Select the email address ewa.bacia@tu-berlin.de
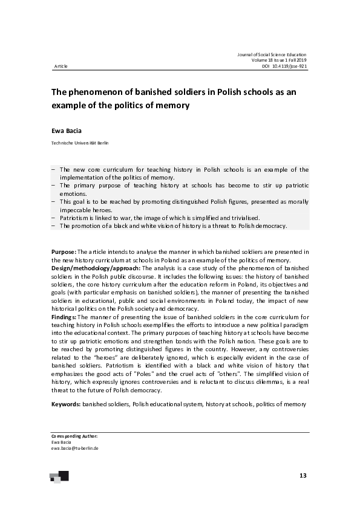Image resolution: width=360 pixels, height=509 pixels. (x=75, y=448)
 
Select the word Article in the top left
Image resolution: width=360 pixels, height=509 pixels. (x=61, y=66)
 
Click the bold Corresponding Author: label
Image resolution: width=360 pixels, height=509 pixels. (x=74, y=436)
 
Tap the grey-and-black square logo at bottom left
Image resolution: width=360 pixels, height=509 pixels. (x=59, y=477)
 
